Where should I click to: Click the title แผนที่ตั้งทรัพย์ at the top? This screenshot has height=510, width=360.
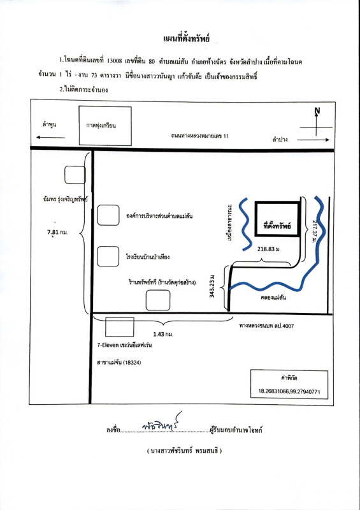(186, 39)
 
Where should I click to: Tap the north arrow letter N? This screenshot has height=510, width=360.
(317, 111)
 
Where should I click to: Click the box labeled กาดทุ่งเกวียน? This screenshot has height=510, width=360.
(105, 126)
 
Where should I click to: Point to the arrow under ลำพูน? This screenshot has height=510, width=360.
(50, 137)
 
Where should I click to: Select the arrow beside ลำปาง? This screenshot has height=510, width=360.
(313, 140)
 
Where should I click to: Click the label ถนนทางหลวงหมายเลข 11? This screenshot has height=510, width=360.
(200, 136)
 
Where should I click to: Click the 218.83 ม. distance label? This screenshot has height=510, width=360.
(269, 249)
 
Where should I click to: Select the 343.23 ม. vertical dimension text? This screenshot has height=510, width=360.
(212, 286)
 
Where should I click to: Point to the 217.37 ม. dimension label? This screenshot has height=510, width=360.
(315, 232)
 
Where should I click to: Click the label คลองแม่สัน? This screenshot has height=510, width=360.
(273, 297)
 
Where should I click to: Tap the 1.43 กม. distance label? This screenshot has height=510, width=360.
(163, 334)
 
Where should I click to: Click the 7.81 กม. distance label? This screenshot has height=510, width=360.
(57, 232)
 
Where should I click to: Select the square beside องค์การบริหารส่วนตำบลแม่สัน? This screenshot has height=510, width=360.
(108, 215)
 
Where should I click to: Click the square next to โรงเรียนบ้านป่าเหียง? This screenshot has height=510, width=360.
(108, 256)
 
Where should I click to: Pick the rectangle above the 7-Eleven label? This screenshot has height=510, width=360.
(120, 326)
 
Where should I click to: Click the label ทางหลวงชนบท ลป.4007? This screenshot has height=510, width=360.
(266, 325)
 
